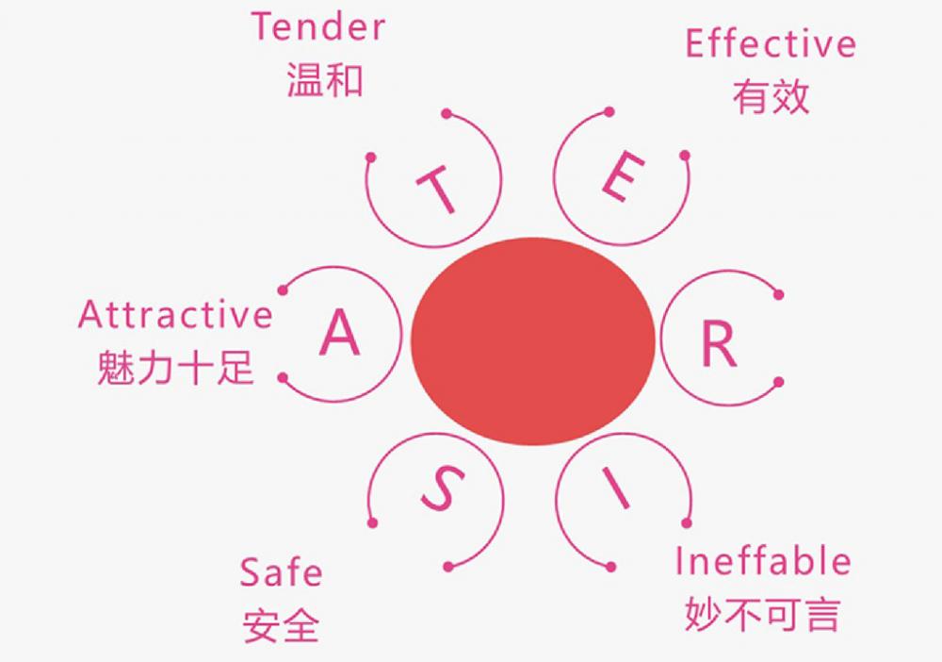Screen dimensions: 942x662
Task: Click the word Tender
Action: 318,27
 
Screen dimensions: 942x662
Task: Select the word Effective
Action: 771,43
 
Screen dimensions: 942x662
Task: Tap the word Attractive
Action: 175,314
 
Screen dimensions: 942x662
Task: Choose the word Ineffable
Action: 763,561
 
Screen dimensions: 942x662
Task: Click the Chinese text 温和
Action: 325,80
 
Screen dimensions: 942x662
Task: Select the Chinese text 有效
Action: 771,96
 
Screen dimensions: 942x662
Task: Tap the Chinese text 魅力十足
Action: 175,367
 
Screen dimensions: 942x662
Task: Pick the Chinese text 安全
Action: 281,625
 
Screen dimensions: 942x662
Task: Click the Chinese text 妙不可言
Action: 762,614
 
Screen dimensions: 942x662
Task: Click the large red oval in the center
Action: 533,341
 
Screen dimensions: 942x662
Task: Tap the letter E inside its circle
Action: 623,175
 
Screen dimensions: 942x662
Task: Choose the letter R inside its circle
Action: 719,343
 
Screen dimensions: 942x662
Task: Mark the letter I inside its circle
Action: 614,488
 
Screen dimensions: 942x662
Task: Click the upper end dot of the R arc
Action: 779,294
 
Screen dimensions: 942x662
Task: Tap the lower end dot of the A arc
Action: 283,377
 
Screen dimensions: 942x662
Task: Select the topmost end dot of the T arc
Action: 447,114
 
